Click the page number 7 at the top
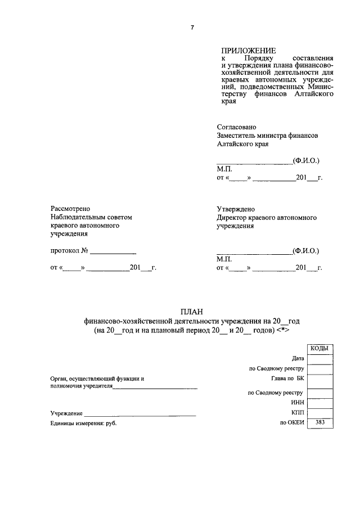pyautogui.click(x=192, y=29)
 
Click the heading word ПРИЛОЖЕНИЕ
pyautogui.click(x=245, y=51)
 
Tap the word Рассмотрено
pyautogui.click(x=70, y=209)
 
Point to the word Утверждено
pyautogui.click(x=236, y=209)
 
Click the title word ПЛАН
pyautogui.click(x=191, y=312)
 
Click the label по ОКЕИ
pyautogui.click(x=292, y=422)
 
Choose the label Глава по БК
pyautogui.click(x=287, y=379)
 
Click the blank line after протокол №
pyautogui.click(x=113, y=251)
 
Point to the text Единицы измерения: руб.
pyautogui.click(x=83, y=423)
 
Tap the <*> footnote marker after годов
pyautogui.click(x=283, y=331)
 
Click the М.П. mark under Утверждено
pyautogui.click(x=223, y=259)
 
